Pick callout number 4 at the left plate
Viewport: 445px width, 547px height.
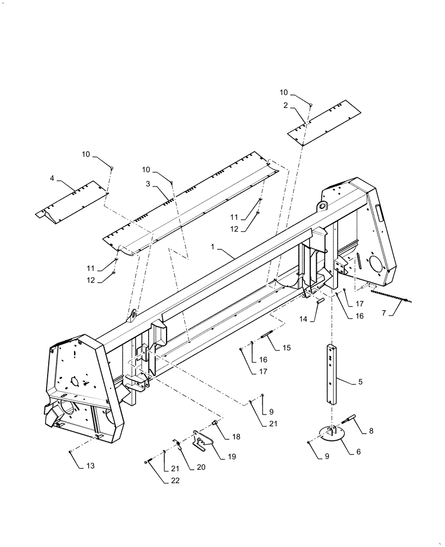click(52, 178)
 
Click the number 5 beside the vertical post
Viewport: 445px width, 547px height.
click(360, 382)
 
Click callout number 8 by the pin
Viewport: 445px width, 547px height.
click(371, 430)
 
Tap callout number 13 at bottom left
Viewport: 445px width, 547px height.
click(90, 465)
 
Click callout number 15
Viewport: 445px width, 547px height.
click(286, 348)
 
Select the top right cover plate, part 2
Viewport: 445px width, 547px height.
click(326, 123)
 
